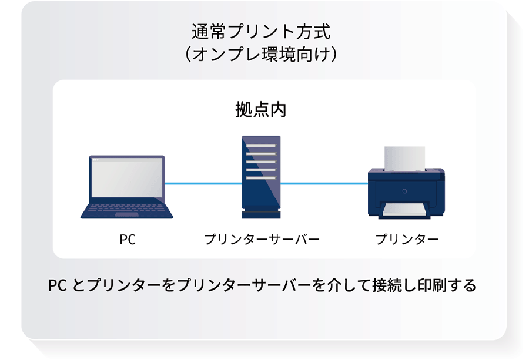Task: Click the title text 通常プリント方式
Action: (261, 29)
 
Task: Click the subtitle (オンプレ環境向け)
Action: (261, 54)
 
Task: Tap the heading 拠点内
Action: (261, 110)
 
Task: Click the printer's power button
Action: (404, 191)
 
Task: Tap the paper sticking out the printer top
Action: (406, 156)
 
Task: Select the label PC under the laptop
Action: (128, 240)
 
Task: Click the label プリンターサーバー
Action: (261, 240)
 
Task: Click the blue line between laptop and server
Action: (203, 184)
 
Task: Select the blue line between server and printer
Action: (324, 184)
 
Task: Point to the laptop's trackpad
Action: (126, 214)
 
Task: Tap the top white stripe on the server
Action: (261, 146)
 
